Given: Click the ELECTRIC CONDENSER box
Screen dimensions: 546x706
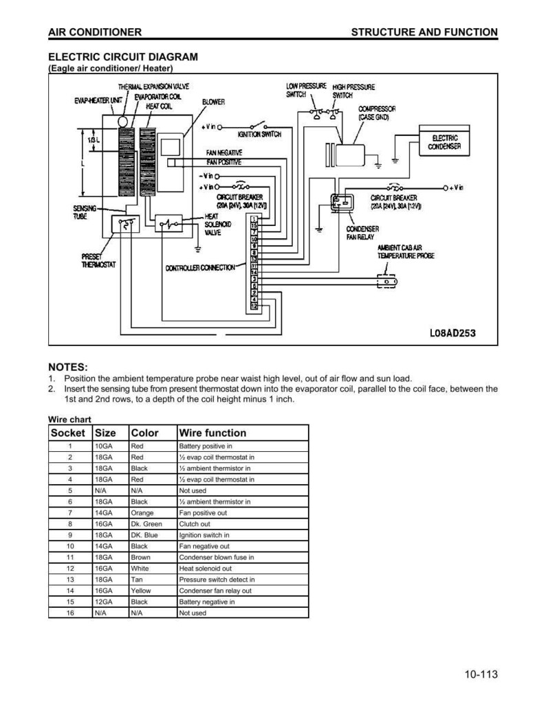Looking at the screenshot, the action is [444, 141].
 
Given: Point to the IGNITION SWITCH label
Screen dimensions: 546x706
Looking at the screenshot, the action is [259, 134].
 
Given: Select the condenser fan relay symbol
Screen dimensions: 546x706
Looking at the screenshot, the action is [342, 202].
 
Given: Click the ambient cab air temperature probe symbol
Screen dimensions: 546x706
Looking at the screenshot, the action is [387, 282].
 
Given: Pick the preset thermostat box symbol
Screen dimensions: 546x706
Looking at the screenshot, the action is [126, 224].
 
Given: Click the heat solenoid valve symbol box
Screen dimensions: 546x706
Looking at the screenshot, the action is [168, 223].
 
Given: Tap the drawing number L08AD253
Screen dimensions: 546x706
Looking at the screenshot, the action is [452, 333].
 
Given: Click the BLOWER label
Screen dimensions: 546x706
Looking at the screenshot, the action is [213, 102].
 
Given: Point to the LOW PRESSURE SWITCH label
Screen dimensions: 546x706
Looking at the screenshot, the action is [306, 90].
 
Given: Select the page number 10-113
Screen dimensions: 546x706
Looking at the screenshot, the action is [481, 674].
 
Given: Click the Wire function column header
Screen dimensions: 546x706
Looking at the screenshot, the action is [212, 433].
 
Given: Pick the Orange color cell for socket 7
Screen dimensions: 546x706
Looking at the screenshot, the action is [142, 513].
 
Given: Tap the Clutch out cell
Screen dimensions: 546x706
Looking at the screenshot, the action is [195, 524].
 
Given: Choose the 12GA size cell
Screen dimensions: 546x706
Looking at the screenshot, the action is [104, 602].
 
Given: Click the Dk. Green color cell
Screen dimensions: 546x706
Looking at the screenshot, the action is [146, 524].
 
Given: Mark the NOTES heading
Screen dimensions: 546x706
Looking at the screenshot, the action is [68, 367].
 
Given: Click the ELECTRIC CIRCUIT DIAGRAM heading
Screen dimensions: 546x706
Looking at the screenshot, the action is [123, 57].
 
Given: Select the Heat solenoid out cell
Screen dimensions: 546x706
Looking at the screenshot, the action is [206, 568].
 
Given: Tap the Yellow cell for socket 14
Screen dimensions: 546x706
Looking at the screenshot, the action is [141, 591].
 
